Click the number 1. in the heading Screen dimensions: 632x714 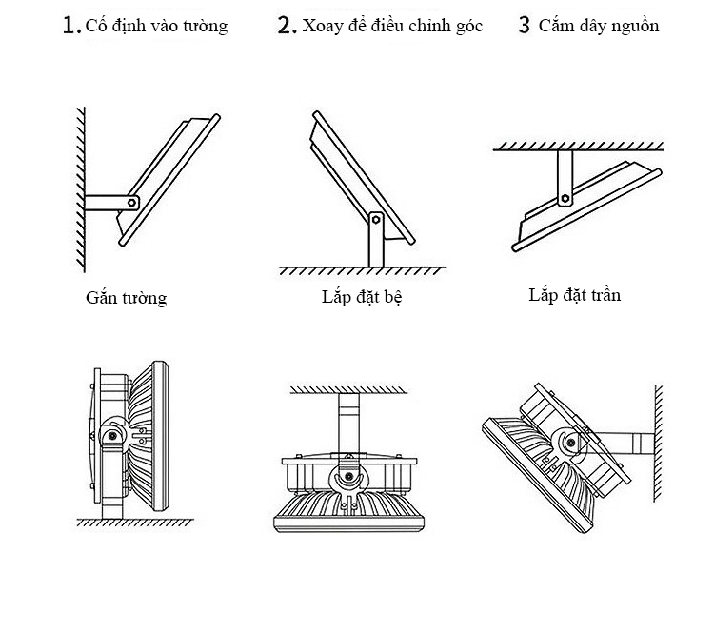tap(70, 26)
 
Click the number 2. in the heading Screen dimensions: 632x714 tap(288, 26)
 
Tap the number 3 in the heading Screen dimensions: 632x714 tap(524, 26)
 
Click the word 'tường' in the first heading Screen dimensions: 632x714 tap(205, 26)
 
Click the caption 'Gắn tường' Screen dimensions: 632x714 tap(126, 298)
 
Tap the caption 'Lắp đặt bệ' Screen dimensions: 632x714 tap(363, 297)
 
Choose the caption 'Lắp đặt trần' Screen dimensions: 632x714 tap(574, 295)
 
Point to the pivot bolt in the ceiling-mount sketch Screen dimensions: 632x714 tap(565, 199)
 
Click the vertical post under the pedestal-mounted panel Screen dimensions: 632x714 tap(375, 247)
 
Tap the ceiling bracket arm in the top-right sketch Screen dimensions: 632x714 tap(565, 176)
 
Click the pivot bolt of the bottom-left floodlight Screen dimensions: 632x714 tap(112, 436)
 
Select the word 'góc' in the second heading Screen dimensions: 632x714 tap(470, 27)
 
